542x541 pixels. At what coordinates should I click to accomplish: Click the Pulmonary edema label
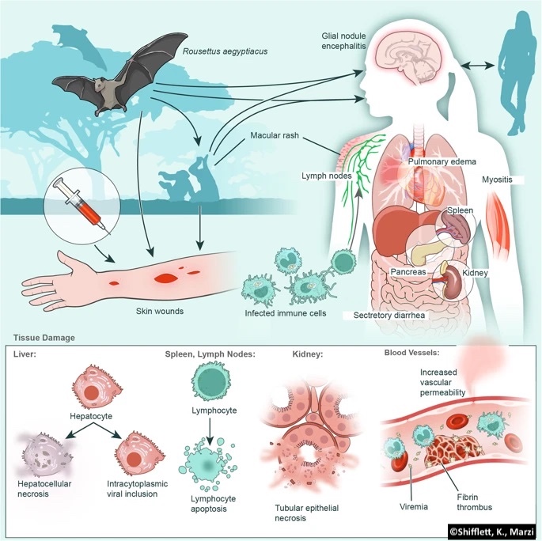pyautogui.click(x=442, y=162)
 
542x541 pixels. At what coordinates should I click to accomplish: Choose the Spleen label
pyautogui.click(x=461, y=211)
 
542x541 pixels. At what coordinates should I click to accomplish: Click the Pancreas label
pyautogui.click(x=409, y=271)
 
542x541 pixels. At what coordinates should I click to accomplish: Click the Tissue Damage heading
pyautogui.click(x=44, y=337)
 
